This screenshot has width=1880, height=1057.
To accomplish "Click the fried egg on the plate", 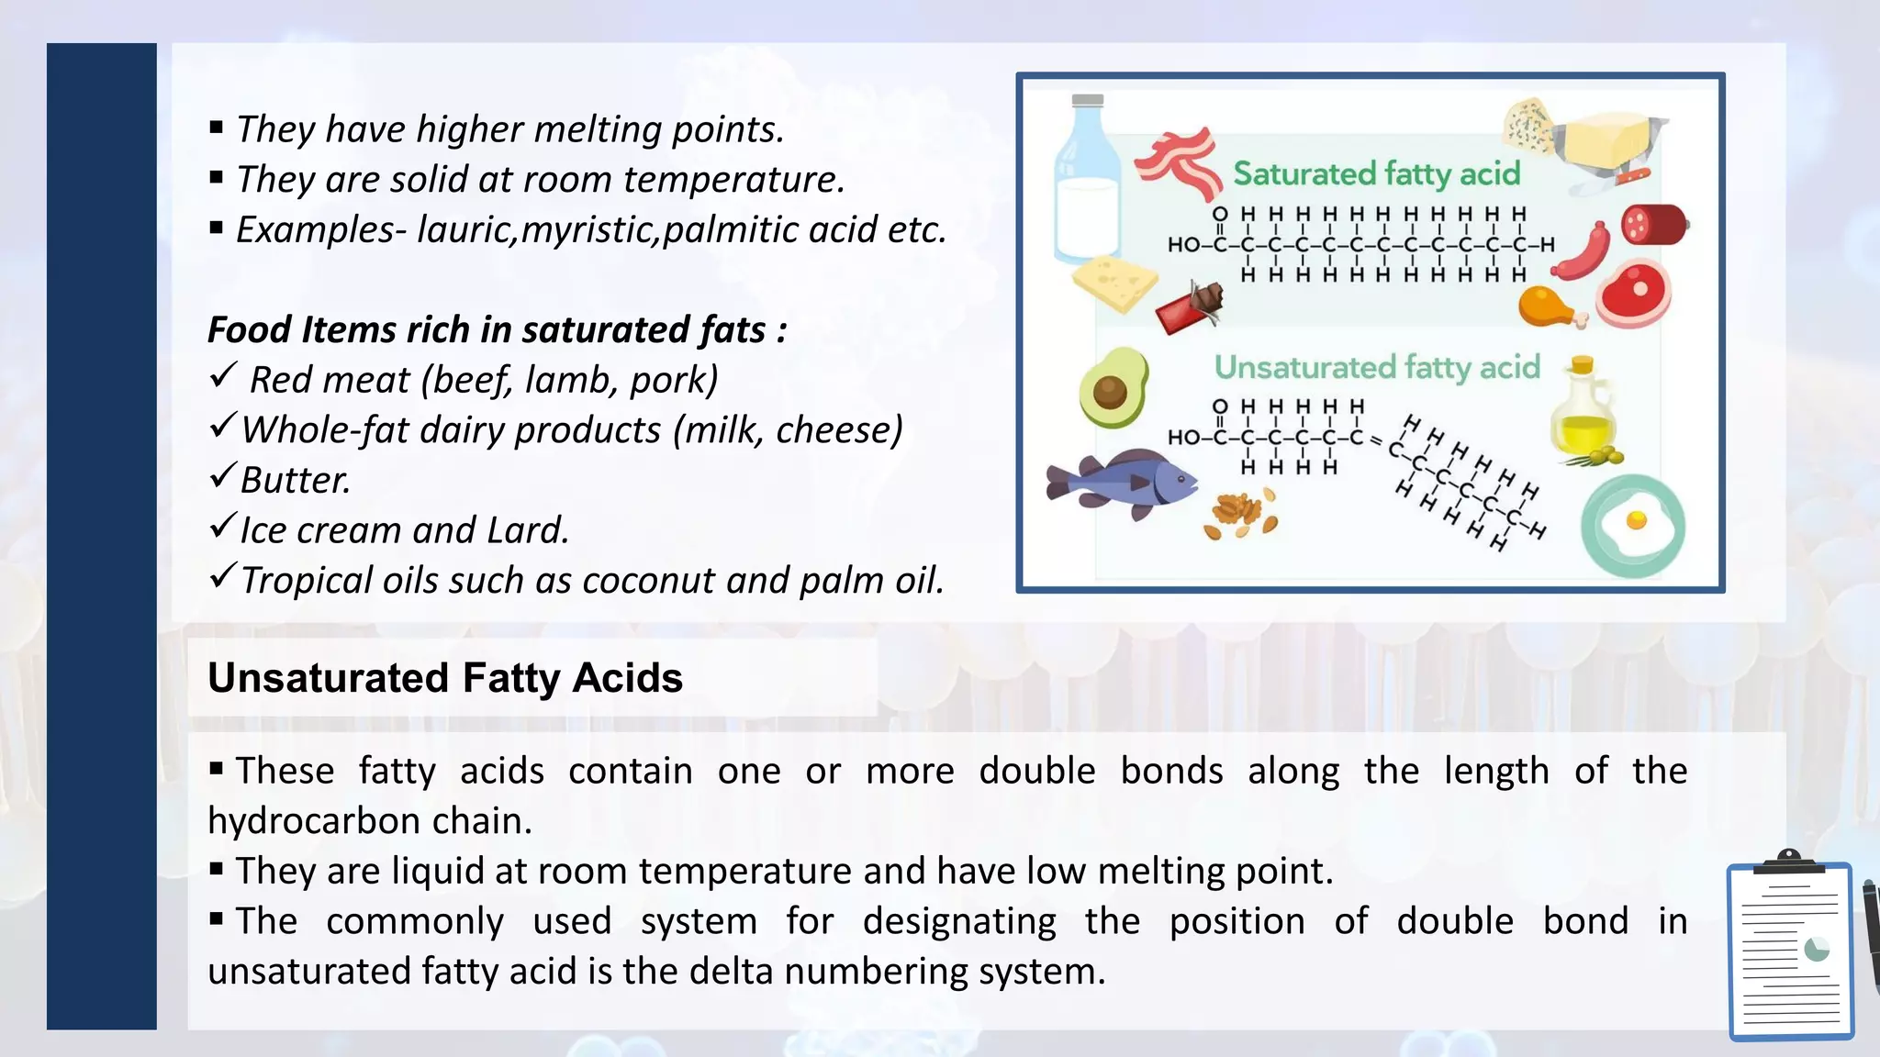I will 1633,526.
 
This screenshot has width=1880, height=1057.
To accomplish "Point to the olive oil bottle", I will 1583,409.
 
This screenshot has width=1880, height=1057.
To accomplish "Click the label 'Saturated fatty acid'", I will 1376,173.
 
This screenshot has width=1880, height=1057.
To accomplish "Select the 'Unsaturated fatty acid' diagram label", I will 1376,367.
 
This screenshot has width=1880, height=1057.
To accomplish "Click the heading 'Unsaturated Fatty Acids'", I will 445,678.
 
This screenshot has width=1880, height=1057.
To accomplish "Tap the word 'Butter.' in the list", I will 296,480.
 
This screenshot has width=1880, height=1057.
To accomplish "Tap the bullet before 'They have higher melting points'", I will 217,128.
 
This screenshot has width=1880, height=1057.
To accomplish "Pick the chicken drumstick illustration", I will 1550,307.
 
